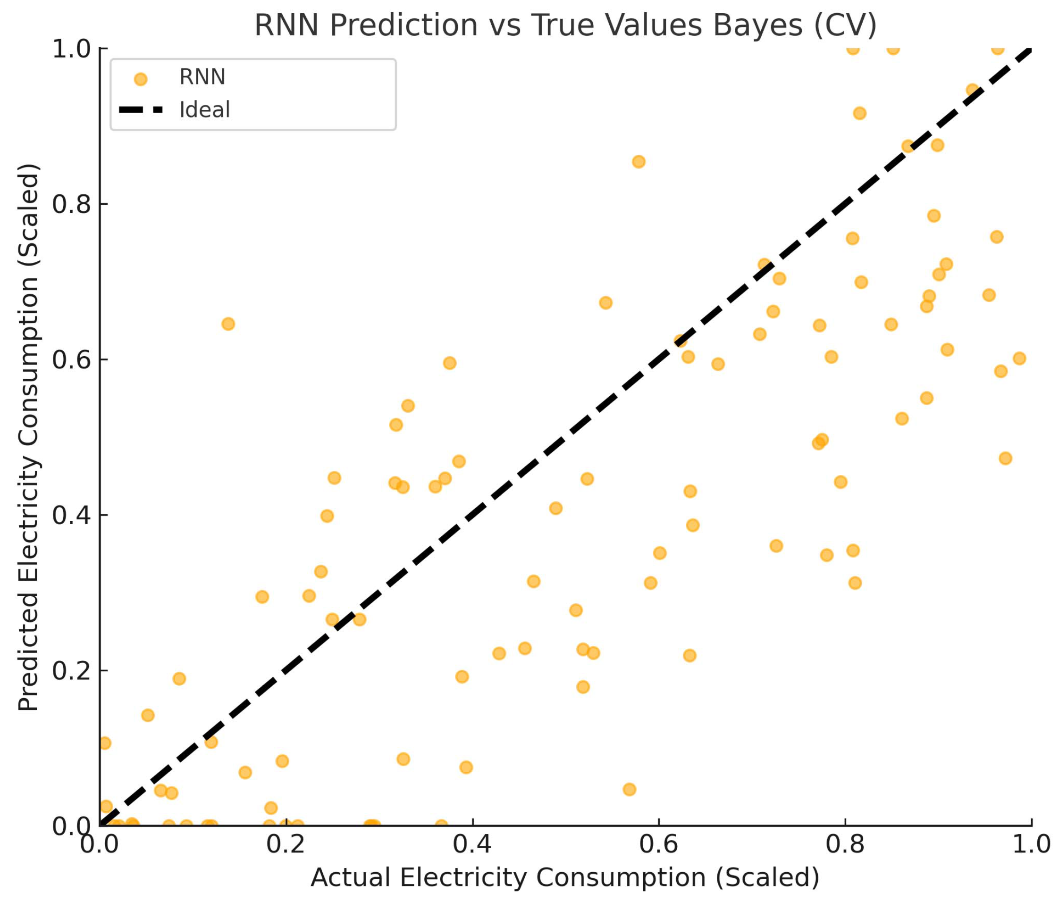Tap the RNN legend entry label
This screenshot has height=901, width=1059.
point(202,77)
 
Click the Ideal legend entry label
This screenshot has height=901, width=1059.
point(204,110)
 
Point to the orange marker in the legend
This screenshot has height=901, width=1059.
point(140,79)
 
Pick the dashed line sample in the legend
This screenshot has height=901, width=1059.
point(141,110)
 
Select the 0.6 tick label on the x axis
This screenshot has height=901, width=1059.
point(658,844)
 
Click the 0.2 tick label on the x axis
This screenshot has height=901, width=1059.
point(286,844)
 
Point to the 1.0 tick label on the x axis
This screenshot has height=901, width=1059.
point(1031,844)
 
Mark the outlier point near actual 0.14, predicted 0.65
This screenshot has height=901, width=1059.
point(228,324)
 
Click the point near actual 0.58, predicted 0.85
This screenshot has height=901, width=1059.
point(638,162)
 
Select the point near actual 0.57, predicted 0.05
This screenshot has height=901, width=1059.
point(629,790)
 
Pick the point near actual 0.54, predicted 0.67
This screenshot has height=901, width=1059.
point(605,303)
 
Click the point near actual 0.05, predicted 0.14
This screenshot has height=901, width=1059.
point(148,715)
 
